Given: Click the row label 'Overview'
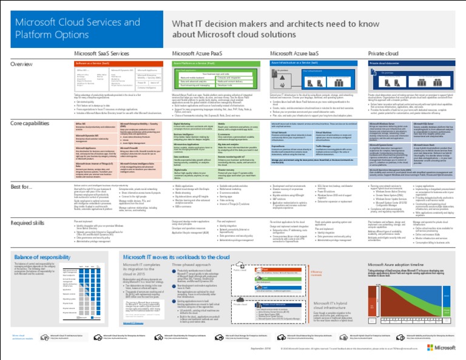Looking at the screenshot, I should coord(22,64).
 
